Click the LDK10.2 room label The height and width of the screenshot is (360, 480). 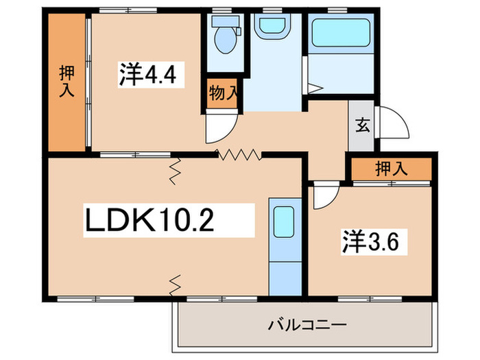149,221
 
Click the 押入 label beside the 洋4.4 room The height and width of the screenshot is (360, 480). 67,81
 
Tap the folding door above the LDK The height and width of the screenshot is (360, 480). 239,154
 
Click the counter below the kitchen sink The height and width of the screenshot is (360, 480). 283,270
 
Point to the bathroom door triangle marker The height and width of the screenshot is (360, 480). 315,88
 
